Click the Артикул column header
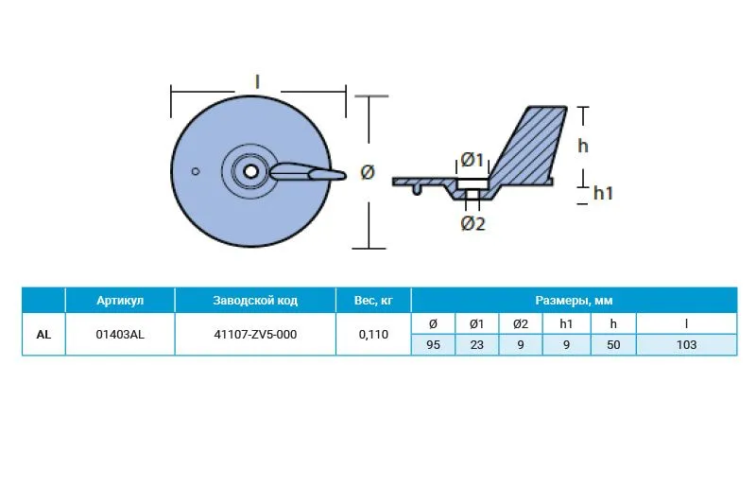[x=120, y=300]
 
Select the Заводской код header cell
[x=255, y=300]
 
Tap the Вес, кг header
[x=373, y=300]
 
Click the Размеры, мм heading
[x=574, y=300]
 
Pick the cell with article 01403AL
[x=120, y=334]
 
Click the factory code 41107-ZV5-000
[x=255, y=334]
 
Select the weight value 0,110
[x=373, y=334]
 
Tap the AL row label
[x=43, y=334]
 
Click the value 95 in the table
[x=433, y=344]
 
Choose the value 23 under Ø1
[x=477, y=344]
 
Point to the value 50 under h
[x=613, y=344]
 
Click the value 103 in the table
[x=686, y=344]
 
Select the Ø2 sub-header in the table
[x=521, y=323]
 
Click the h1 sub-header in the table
[x=566, y=323]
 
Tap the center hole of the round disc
[x=250, y=171]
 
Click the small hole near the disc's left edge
[x=196, y=171]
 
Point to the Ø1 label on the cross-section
[x=472, y=159]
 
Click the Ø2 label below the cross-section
[x=472, y=223]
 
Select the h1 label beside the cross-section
[x=603, y=193]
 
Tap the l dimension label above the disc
[x=257, y=81]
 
